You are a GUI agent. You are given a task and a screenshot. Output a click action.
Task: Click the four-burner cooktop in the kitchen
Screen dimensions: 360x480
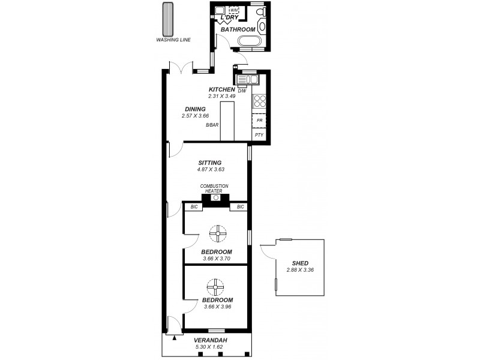pyautogui.click(x=260, y=101)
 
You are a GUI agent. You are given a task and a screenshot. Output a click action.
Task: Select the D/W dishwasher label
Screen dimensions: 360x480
pyautogui.click(x=242, y=91)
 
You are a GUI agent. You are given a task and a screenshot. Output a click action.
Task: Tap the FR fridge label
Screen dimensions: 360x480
pyautogui.click(x=259, y=121)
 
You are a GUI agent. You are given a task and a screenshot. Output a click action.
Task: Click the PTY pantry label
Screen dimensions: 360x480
pyautogui.click(x=259, y=135)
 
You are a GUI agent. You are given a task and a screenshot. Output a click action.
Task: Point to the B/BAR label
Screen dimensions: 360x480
pyautogui.click(x=211, y=125)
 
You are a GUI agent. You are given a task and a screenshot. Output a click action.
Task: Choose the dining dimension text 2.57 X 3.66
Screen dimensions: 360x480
pyautogui.click(x=194, y=115)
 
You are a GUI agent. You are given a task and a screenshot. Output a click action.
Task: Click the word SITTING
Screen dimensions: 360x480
pyautogui.click(x=210, y=163)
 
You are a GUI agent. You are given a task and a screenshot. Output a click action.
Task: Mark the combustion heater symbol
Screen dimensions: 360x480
pyautogui.click(x=215, y=197)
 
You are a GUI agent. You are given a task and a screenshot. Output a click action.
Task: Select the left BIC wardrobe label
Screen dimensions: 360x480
pyautogui.click(x=194, y=207)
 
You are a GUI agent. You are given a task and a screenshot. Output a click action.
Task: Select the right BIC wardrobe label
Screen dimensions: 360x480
pyautogui.click(x=240, y=207)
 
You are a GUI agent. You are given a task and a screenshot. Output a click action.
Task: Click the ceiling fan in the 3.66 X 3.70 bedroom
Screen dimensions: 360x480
pyautogui.click(x=215, y=232)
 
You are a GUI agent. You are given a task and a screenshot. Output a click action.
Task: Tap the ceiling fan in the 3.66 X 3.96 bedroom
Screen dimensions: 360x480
pyautogui.click(x=215, y=284)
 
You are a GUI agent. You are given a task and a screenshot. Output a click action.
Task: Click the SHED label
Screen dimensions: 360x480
pyautogui.click(x=300, y=263)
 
